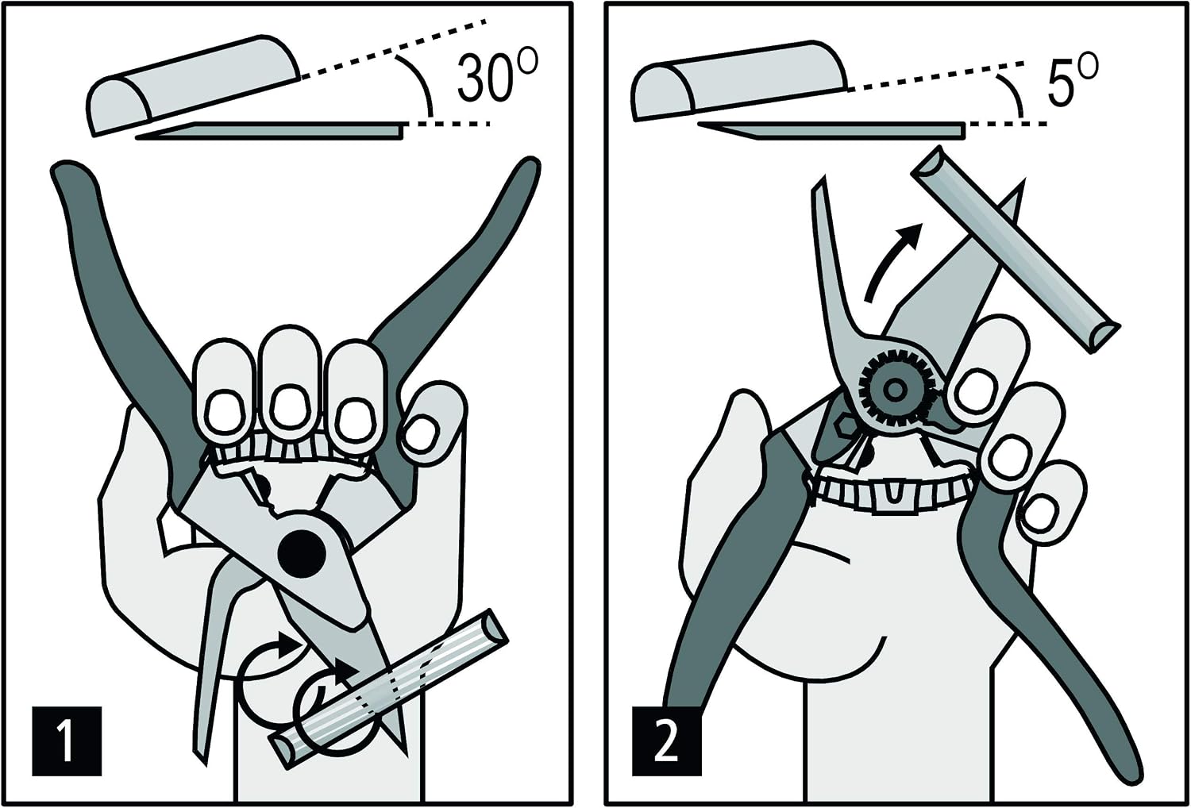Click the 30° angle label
(496, 77)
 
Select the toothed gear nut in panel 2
(895, 390)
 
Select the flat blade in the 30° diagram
(272, 131)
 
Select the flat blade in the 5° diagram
(832, 130)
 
